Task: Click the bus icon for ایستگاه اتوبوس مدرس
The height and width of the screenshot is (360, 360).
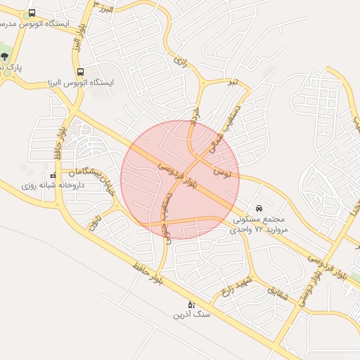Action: (32, 13)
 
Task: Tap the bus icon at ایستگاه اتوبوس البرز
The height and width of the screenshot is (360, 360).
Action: (80, 72)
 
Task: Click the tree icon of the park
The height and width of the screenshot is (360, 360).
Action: (5, 56)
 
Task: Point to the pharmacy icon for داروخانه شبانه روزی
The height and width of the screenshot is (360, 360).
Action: (53, 175)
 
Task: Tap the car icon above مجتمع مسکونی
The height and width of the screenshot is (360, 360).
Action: (259, 208)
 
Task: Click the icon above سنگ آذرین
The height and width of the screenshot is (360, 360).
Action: (191, 304)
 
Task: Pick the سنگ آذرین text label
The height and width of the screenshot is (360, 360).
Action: (191, 315)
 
